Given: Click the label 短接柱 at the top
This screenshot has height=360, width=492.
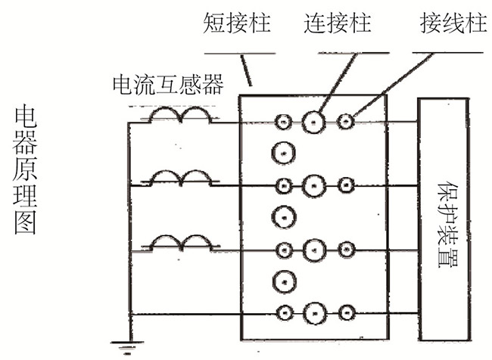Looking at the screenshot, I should pyautogui.click(x=236, y=24).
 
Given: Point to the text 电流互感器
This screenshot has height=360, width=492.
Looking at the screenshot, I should pyautogui.click(x=156, y=84).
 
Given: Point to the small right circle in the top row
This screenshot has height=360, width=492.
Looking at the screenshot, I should pyautogui.click(x=345, y=121).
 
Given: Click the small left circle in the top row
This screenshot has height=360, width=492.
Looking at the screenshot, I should pyautogui.click(x=283, y=121).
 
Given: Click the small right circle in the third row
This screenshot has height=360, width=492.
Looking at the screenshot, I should pyautogui.click(x=345, y=248).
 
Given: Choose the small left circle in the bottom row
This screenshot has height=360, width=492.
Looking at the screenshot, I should pyautogui.click(x=283, y=312).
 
